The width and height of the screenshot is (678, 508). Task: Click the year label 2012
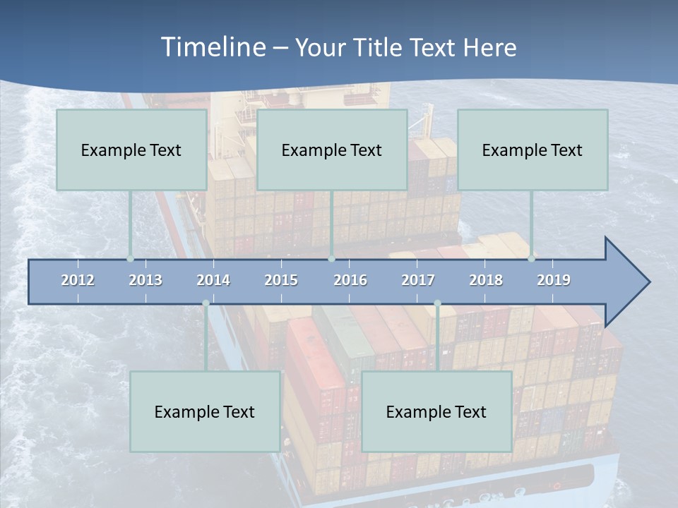pyautogui.click(x=78, y=280)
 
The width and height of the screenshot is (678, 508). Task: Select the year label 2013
pyautogui.click(x=145, y=280)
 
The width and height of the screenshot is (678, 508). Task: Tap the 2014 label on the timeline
pyautogui.click(x=213, y=280)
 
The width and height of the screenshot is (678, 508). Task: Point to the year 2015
pyautogui.click(x=281, y=280)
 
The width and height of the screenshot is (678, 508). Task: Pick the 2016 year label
pyautogui.click(x=350, y=280)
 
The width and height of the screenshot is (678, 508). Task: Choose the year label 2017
pyautogui.click(x=418, y=280)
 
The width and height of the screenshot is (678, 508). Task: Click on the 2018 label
pyautogui.click(x=486, y=280)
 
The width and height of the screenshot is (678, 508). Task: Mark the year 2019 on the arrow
pyautogui.click(x=554, y=280)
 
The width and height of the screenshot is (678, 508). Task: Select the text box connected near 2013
pyautogui.click(x=131, y=150)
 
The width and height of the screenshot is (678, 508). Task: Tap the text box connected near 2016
pyautogui.click(x=332, y=150)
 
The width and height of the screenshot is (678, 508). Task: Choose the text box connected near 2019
pyautogui.click(x=533, y=150)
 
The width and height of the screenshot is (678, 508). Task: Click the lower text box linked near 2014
pyautogui.click(x=205, y=411)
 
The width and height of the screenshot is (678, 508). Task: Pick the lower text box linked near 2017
pyautogui.click(x=436, y=411)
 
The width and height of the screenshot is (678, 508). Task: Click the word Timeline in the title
pyautogui.click(x=213, y=47)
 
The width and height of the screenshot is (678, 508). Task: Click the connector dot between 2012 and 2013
pyautogui.click(x=130, y=258)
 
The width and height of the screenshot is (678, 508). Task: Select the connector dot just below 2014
pyautogui.click(x=206, y=303)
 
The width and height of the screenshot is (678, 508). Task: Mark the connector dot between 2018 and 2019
pyautogui.click(x=531, y=258)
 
